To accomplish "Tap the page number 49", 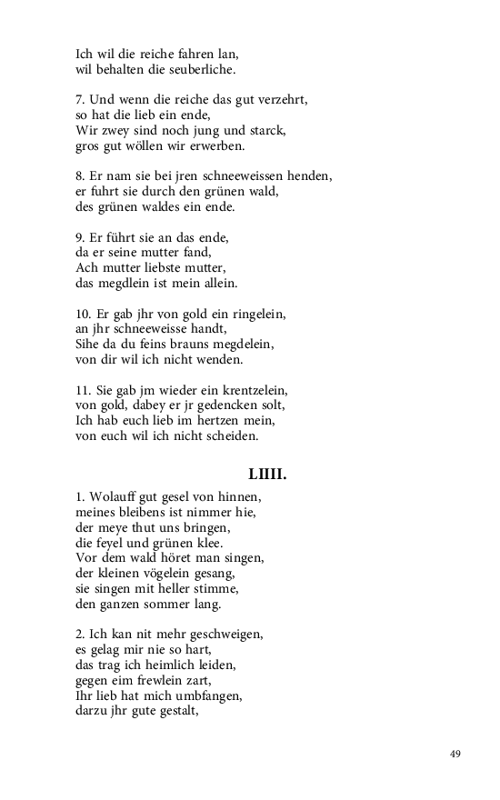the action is click(455, 754).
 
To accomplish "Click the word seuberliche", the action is click(196, 69).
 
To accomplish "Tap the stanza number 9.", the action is click(79, 237).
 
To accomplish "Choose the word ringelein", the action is click(257, 314).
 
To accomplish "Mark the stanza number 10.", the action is click(83, 314).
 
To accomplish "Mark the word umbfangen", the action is click(211, 696).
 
